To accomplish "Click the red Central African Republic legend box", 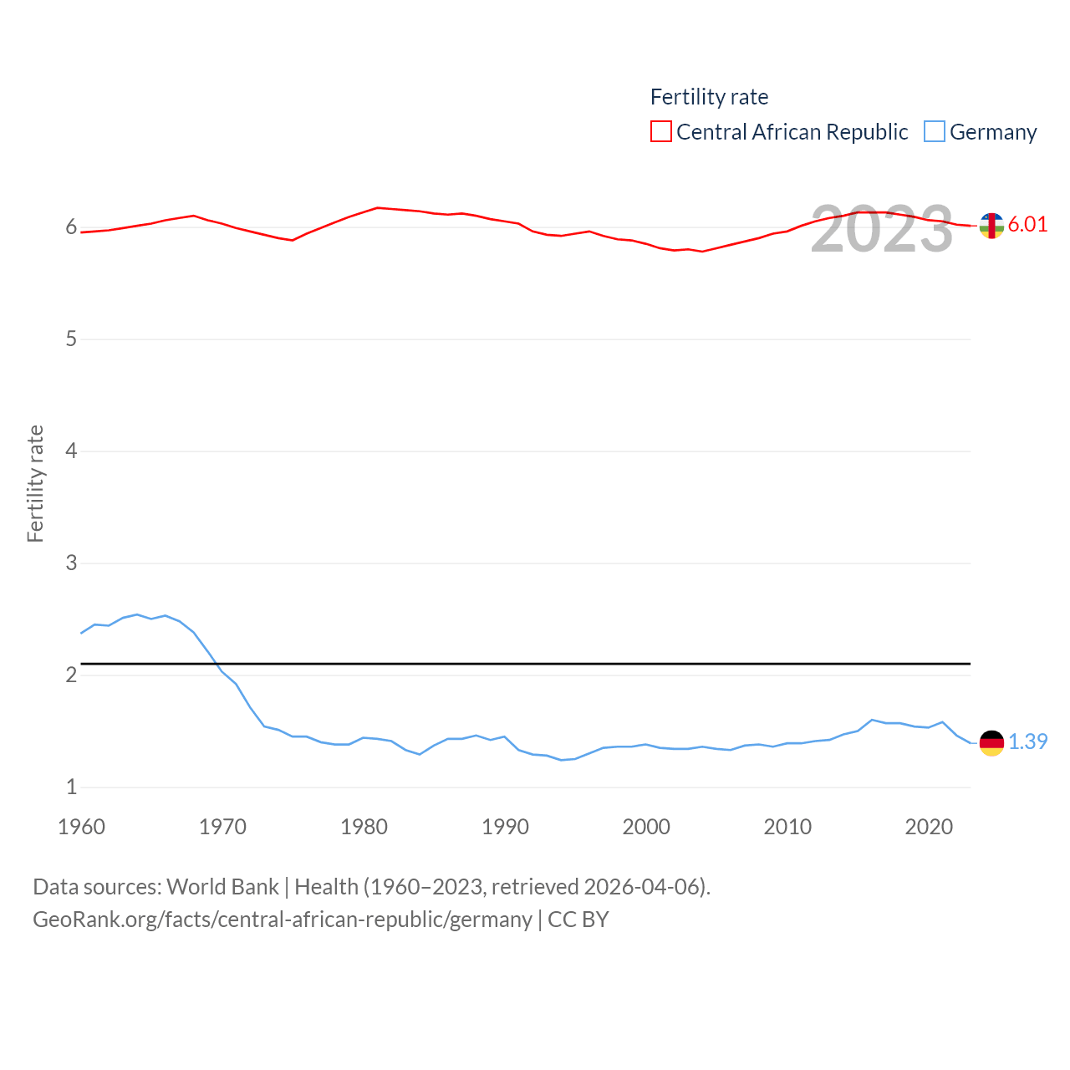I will pyautogui.click(x=661, y=132).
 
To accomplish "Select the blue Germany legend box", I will pyautogui.click(x=935, y=132).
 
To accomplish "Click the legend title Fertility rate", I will pyautogui.click(x=709, y=97).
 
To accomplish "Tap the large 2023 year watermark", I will pyautogui.click(x=881, y=229).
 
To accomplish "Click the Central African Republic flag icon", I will pyautogui.click(x=991, y=226).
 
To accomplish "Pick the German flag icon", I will pyautogui.click(x=991, y=742).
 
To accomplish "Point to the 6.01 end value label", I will pyautogui.click(x=1027, y=224).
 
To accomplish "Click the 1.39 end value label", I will pyautogui.click(x=1027, y=741).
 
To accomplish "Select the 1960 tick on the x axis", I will pyautogui.click(x=81, y=827).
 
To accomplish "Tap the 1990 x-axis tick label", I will pyautogui.click(x=505, y=827).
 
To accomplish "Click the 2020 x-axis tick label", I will pyautogui.click(x=929, y=827).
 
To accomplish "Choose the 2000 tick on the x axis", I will pyautogui.click(x=646, y=827).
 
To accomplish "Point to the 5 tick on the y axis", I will pyautogui.click(x=71, y=339).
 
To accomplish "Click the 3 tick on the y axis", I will pyautogui.click(x=71, y=563).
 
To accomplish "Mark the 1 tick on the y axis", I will pyautogui.click(x=71, y=787).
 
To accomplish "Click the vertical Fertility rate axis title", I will pyautogui.click(x=35, y=483).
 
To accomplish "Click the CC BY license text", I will pyautogui.click(x=578, y=920).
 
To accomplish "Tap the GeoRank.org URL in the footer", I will pyautogui.click(x=283, y=920).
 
